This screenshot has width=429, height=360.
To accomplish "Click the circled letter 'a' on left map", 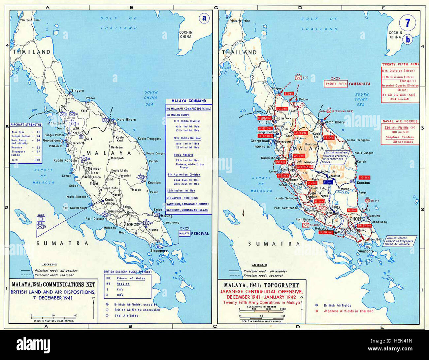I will (x=205, y=18).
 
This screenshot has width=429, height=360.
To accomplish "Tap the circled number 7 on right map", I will (x=407, y=23).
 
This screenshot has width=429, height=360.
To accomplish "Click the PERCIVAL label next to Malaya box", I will (x=200, y=234).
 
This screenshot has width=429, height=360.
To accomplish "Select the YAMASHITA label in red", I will (x=360, y=84).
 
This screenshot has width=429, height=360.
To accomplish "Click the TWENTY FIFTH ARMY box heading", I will (x=400, y=65).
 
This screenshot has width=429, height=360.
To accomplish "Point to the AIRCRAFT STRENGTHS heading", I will (x=26, y=125).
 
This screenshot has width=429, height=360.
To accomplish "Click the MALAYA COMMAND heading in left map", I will (x=189, y=101).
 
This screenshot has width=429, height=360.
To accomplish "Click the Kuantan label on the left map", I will (x=154, y=182).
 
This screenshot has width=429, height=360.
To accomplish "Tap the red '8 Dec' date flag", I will (x=289, y=94).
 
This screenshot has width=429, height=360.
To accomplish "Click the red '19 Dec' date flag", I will (x=329, y=138).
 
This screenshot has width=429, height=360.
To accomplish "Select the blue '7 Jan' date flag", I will (x=328, y=182).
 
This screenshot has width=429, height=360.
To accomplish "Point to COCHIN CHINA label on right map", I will (x=395, y=35).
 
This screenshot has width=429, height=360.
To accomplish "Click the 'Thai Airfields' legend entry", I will (x=126, y=316).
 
